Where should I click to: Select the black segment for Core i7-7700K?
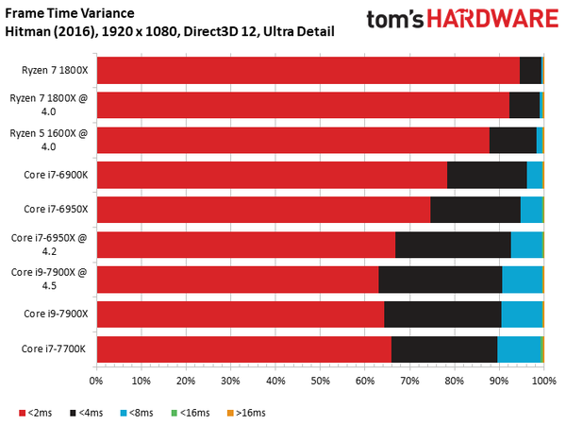444,349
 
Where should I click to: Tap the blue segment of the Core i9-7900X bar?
522,314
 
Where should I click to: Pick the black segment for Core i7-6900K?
487,175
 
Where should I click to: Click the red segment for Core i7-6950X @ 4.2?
245,245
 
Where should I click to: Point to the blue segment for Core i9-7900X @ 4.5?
522,280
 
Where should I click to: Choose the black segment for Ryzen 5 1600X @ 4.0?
512,140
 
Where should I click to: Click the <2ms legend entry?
36,413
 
